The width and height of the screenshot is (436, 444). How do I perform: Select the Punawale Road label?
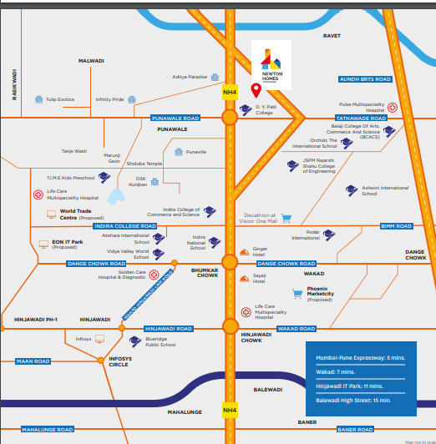[x=175, y=119]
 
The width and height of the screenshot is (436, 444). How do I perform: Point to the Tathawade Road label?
[x=358, y=119]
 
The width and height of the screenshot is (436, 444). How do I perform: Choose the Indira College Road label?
[x=125, y=226]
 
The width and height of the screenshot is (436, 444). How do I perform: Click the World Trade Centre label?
[x=80, y=215]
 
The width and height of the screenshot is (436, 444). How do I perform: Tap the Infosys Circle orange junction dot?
[x=104, y=351]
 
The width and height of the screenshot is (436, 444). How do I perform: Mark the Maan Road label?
[x=33, y=361]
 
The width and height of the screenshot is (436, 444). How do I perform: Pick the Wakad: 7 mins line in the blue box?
[x=335, y=371]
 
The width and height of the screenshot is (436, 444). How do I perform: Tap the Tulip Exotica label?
[x=60, y=98]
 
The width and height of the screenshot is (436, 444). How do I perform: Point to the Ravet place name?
[x=332, y=36]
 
